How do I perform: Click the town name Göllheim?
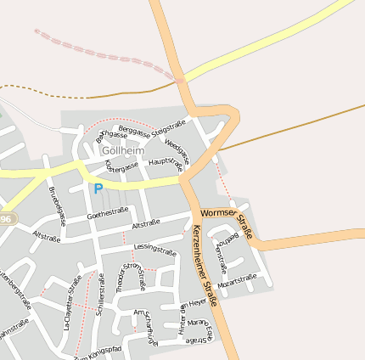coord(123,150)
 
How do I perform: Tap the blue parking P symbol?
coord(98,188)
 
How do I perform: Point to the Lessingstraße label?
coord(155,250)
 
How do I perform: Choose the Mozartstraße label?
coord(237,278)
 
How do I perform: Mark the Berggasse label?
coord(133,130)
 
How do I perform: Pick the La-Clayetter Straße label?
coord(73,302)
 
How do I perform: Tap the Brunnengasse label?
coord(57,200)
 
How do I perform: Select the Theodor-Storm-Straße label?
coord(130,278)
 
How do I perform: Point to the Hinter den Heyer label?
coord(192,316)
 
